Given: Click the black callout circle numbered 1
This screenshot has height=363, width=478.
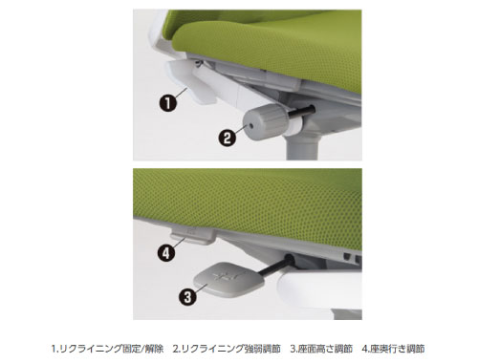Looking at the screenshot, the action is click(168, 103).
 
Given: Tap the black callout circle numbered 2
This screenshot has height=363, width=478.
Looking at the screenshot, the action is click(228, 139).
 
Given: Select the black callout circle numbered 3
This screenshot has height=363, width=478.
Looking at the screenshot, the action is click(187, 297).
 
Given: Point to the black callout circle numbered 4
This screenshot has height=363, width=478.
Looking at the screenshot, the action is click(166, 253).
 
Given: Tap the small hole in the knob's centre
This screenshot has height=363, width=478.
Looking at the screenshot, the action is click(251, 125).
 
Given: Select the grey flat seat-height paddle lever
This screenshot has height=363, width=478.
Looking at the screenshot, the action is click(228, 278).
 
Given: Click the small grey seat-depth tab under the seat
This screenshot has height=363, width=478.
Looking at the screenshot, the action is click(192, 236).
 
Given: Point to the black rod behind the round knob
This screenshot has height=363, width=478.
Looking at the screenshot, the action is click(301, 114).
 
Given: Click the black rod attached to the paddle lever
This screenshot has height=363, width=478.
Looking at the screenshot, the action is click(274, 265).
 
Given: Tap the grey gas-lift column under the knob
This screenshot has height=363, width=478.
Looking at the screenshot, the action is click(302, 147).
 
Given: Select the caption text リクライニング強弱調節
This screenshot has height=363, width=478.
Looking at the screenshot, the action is click(230, 349).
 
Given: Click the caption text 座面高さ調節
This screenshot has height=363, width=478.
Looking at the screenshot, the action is click(325, 349).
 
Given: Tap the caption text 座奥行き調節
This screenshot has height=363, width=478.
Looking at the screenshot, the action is click(397, 349).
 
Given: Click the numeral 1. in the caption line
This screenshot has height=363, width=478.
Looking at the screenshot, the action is click(55, 349).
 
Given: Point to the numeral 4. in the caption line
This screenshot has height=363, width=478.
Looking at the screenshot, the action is click(365, 349).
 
